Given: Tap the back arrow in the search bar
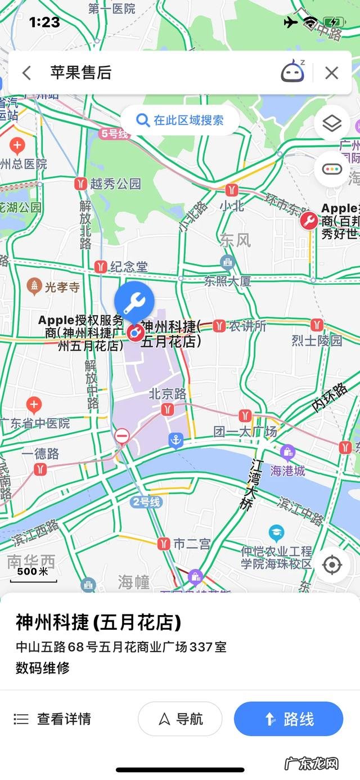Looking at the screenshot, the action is (x=26, y=73).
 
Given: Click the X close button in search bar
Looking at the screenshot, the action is (x=332, y=73).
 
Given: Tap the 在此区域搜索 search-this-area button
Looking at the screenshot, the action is (x=180, y=120).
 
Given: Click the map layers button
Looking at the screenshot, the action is (x=332, y=123).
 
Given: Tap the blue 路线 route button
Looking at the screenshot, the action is (x=289, y=719).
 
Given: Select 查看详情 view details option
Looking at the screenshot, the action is (x=52, y=719).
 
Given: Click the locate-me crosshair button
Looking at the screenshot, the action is (x=332, y=564).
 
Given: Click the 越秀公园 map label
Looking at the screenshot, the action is (x=115, y=183).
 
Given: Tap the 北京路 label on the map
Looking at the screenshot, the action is (x=167, y=394).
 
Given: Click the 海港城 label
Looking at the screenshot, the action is (x=288, y=470).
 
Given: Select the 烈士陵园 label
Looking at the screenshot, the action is (x=317, y=340).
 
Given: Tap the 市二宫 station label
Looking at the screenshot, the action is (x=191, y=544).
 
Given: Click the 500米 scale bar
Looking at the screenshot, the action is (x=33, y=574).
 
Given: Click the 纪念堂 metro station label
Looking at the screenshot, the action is (x=129, y=266).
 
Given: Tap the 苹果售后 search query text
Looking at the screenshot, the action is (x=81, y=73).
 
